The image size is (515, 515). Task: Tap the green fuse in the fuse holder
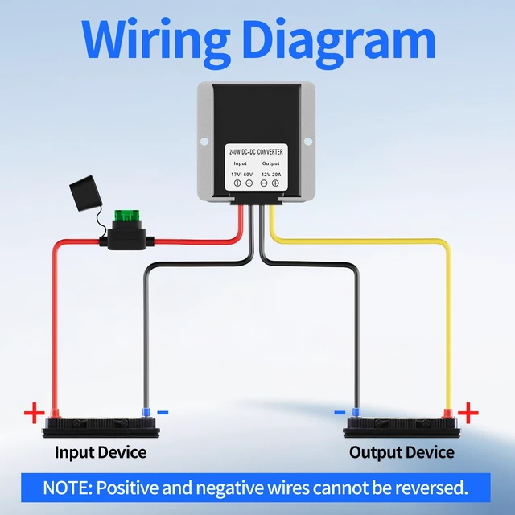[x=127, y=216]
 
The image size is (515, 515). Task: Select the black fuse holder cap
[x=85, y=193]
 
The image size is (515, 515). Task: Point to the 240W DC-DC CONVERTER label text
[x=256, y=152]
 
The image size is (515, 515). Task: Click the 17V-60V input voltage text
[x=241, y=175]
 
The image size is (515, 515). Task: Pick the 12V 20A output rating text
[x=271, y=175]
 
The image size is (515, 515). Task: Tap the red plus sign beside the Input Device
[x=34, y=413]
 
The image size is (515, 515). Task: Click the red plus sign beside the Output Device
[x=468, y=413]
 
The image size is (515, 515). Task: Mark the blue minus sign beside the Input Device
[x=163, y=413]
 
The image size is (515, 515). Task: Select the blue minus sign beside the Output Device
[x=340, y=413]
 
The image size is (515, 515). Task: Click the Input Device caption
[x=101, y=453]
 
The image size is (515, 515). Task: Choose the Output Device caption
[x=402, y=453]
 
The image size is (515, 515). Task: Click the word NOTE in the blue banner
[x=68, y=488]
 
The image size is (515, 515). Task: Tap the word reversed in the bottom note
[x=431, y=488]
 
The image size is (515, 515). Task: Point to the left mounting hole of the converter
[x=204, y=142]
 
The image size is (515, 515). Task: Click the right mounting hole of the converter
[x=308, y=142]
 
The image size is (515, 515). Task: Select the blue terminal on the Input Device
[x=146, y=413]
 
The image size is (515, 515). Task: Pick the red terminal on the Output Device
[x=447, y=413]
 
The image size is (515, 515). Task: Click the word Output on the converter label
[x=270, y=163]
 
